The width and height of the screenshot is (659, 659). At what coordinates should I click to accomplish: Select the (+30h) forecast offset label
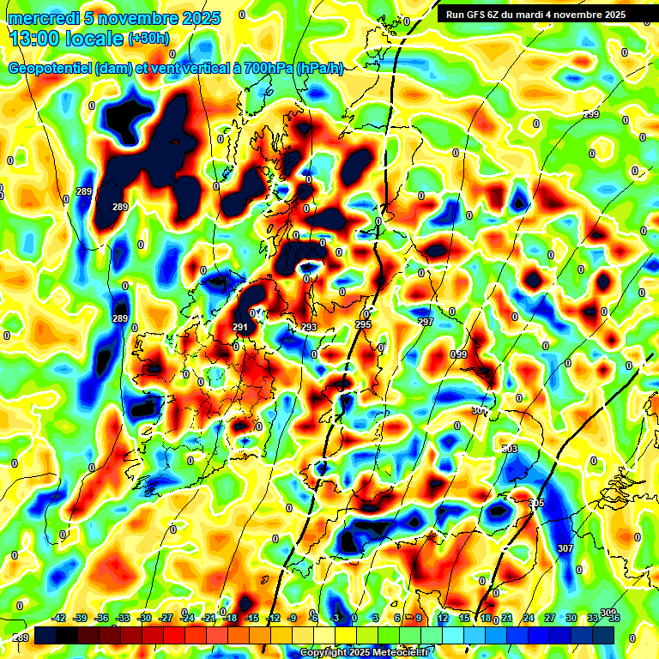point(148,39)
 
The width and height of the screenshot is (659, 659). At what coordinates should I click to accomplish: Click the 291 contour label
point(240,327)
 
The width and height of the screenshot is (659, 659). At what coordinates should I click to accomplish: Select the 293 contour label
point(309,327)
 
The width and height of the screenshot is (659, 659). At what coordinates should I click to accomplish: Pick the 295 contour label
point(363,324)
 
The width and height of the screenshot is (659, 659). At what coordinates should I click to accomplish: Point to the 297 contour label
point(426,322)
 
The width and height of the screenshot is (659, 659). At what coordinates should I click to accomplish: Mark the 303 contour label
point(510,449)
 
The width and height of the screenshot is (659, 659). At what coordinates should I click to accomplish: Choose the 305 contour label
point(536,503)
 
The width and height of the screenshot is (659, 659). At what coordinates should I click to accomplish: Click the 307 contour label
point(564,548)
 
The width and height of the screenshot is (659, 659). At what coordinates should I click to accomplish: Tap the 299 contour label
point(591,115)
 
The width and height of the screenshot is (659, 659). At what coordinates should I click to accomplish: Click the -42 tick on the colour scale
point(60,618)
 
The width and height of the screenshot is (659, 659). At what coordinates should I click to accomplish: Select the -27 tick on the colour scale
point(166,618)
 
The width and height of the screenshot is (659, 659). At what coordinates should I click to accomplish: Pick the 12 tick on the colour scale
point(442,618)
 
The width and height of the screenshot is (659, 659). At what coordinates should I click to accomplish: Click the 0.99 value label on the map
point(459,354)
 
